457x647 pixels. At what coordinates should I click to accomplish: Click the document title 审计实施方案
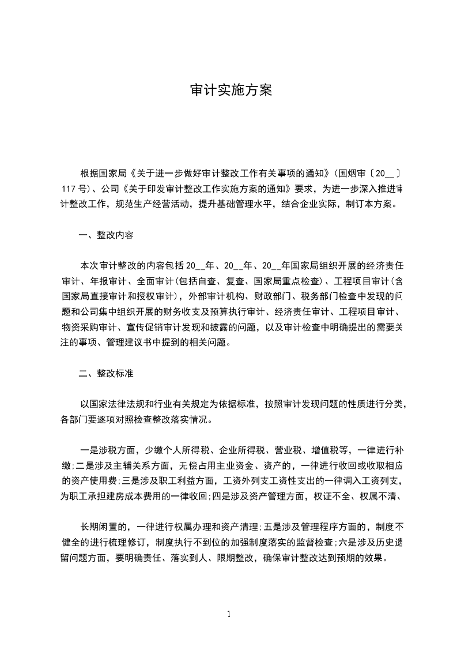[x=231, y=91]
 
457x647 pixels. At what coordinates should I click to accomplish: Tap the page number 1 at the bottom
[x=229, y=614]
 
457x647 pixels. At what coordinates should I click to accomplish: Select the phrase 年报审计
[x=103, y=283]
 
